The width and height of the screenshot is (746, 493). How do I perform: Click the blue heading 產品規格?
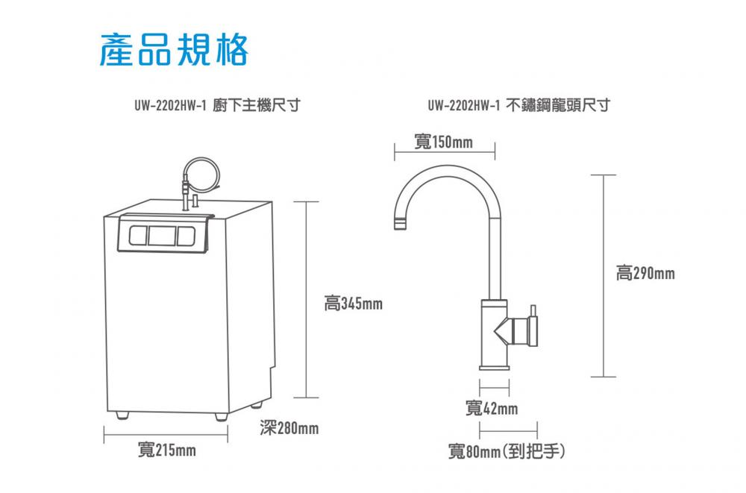pos(174,49)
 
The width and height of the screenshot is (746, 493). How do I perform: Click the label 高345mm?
pos(354,304)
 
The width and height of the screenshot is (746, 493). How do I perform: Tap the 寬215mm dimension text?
pos(167,450)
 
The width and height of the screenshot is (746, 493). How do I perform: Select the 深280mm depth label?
pos(289,428)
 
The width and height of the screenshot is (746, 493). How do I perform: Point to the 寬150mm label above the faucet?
pos(443,142)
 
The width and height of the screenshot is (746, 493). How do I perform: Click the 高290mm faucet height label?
pos(645,274)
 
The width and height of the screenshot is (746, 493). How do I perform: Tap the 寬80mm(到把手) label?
pos(507,451)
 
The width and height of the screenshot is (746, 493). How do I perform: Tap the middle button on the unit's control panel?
pos(160,236)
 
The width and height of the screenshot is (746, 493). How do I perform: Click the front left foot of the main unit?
pos(121,414)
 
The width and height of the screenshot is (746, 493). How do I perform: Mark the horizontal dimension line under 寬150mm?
pos(444,154)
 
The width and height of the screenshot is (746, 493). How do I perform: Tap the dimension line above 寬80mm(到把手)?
pos(508,431)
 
